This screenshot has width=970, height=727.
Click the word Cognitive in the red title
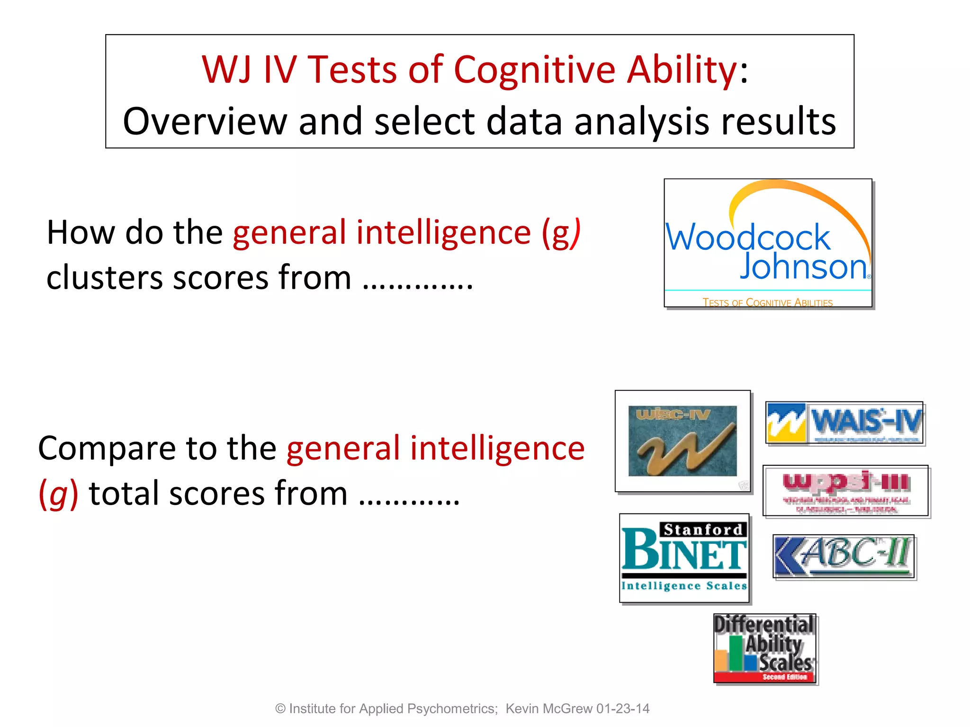coord(534,70)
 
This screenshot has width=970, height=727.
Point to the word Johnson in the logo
coord(803,266)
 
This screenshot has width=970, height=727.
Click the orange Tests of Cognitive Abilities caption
coord(767,302)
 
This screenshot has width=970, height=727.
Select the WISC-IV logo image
coord(683,441)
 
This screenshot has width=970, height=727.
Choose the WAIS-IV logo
coord(844,423)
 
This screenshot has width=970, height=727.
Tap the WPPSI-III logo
coord(845,490)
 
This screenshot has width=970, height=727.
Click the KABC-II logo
coord(844,556)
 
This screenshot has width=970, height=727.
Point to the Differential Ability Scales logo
coord(765,648)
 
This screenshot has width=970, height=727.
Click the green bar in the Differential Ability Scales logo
coord(736,653)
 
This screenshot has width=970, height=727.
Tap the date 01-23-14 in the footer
coord(623,709)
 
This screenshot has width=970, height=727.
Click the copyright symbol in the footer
coord(280,709)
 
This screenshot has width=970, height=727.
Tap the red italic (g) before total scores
coord(58,494)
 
